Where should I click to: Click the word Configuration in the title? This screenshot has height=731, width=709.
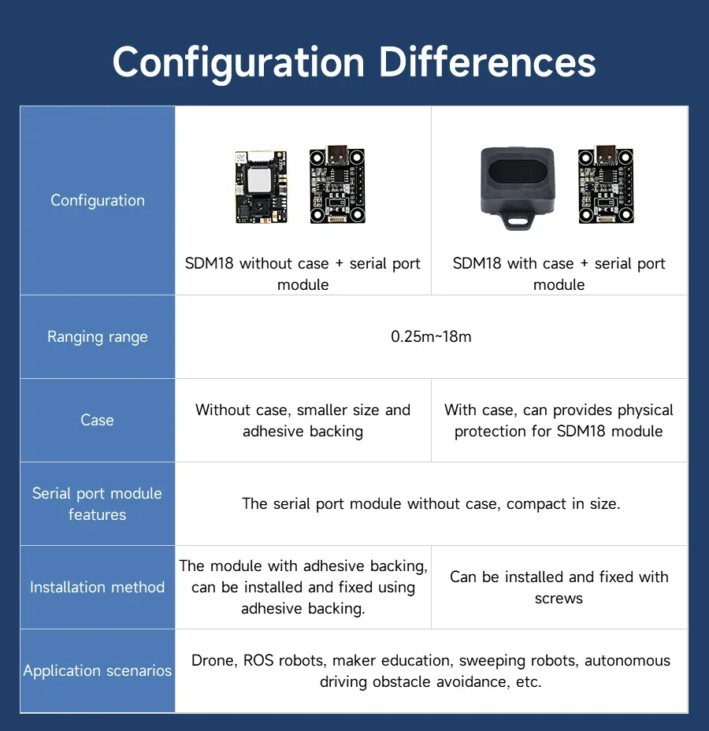pos(239,62)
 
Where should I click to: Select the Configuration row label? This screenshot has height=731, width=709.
pos(98,200)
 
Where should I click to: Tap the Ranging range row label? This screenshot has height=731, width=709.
pos(98,337)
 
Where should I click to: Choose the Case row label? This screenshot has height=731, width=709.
pos(97,420)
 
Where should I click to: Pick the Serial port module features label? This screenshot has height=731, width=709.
pos(97,503)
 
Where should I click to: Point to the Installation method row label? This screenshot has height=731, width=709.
pos(97,587)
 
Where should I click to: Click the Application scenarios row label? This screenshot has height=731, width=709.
pos(97,670)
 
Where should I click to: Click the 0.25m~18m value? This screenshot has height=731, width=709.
pos(431,337)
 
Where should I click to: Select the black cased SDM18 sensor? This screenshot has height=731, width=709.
pos(518,183)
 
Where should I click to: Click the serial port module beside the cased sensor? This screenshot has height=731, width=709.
pos(606,185)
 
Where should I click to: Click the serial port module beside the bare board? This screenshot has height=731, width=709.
pos(337,185)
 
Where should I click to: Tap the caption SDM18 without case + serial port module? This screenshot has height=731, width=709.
pos(303,273)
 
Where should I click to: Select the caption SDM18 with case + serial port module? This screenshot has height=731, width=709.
pos(559,273)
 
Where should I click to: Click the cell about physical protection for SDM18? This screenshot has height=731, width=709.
pos(559,420)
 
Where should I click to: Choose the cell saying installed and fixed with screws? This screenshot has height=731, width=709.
pos(559,587)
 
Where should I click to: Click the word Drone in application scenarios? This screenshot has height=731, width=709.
pos(213,660)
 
